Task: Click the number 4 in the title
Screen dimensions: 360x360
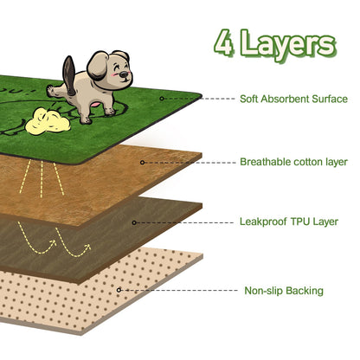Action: click(224, 42)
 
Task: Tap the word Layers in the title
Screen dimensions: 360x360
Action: click(288, 45)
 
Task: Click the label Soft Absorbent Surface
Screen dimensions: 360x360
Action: click(293, 99)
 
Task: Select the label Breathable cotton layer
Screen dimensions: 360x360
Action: click(293, 162)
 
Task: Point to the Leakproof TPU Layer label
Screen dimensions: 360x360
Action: click(289, 222)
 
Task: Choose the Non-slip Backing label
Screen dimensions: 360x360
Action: click(284, 291)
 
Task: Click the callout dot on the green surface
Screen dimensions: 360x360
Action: click(162, 99)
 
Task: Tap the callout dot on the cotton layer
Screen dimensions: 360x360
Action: click(142, 163)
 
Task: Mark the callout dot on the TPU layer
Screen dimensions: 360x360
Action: click(134, 222)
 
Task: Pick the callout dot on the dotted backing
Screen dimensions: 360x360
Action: click(119, 290)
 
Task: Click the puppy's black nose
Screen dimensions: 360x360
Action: click(124, 74)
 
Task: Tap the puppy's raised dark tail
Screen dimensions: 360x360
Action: click(69, 75)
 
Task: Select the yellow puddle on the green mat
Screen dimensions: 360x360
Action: click(48, 121)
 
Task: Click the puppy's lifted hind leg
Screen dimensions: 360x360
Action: click(58, 92)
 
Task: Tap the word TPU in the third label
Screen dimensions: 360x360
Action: click(300, 222)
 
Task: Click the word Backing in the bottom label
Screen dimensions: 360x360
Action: click(305, 291)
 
